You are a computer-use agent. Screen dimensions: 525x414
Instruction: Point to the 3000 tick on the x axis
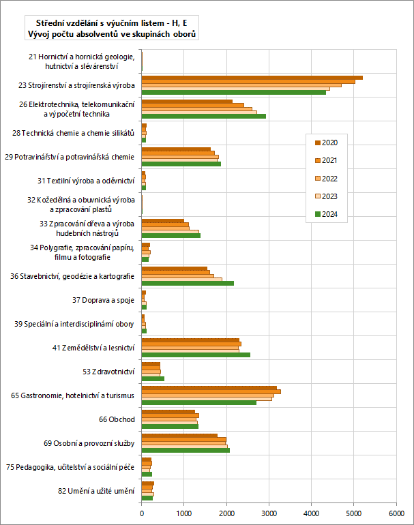[269, 515]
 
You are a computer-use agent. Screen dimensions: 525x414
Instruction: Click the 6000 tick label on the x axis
[396, 515]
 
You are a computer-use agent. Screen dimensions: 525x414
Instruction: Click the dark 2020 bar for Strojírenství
[252, 78]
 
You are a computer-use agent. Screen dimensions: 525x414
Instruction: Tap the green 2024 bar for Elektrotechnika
[203, 116]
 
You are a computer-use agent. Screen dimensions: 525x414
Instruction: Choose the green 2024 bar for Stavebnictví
[188, 282]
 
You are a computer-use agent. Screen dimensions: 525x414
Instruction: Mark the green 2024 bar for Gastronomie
[198, 402]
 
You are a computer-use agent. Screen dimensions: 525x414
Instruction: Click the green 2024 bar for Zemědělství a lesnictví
[196, 355]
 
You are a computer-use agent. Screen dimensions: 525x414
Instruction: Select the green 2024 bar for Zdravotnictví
[153, 378]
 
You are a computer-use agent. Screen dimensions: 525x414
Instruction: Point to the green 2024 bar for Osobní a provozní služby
[186, 450]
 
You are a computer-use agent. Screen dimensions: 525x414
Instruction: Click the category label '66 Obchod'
[117, 419]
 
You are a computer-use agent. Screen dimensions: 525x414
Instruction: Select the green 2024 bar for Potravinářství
[181, 164]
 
